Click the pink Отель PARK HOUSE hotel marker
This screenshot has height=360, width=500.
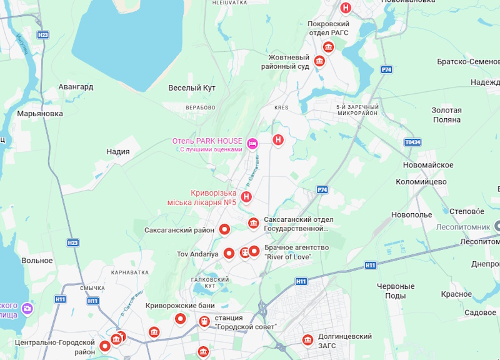tap(252, 144)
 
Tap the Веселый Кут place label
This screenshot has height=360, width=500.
tap(192, 88)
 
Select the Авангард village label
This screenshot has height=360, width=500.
tap(76, 87)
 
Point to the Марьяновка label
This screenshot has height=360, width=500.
tap(40, 114)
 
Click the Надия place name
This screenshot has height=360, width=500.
tap(118, 151)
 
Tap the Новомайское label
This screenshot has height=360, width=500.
tap(428, 164)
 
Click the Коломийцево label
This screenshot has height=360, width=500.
tap(421, 182)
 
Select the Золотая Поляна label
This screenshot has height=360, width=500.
tap(446, 115)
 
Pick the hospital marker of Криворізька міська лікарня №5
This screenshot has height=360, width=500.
tap(247, 197)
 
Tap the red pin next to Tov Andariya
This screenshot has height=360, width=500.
tap(229, 253)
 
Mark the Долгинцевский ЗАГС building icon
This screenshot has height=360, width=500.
tap(307, 340)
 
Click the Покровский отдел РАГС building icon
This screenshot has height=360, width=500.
tap(328, 47)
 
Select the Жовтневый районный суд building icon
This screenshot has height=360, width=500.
tap(319, 61)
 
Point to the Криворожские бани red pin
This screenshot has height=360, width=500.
tap(181, 319)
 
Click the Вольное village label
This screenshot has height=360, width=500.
tap(36, 260)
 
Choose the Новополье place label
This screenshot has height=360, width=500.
tap(412, 215)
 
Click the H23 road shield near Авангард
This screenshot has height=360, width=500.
tap(42, 35)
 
